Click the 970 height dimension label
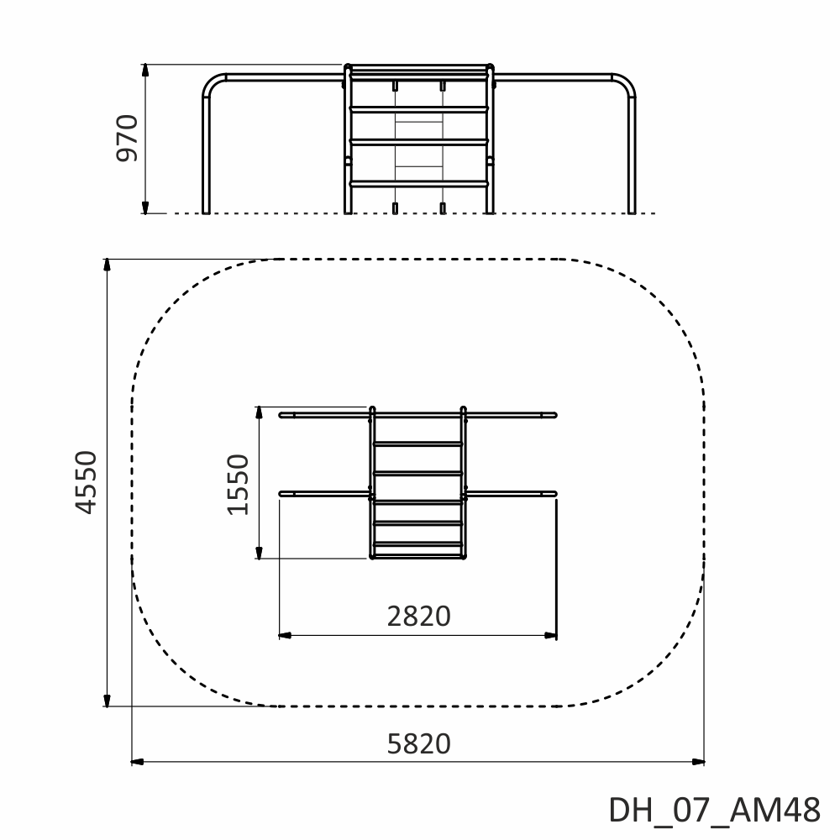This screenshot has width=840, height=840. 128,138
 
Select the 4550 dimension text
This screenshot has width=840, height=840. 86,482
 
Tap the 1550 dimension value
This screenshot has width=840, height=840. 239,485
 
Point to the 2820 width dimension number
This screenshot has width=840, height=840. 418,616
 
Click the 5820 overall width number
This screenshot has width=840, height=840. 418,743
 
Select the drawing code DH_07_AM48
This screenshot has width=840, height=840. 714,810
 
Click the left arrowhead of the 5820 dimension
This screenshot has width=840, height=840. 138,761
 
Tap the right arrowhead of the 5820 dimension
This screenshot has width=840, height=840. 697,761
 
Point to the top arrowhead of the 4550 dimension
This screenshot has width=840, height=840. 108,265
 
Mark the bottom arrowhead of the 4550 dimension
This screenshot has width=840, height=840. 108,701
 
